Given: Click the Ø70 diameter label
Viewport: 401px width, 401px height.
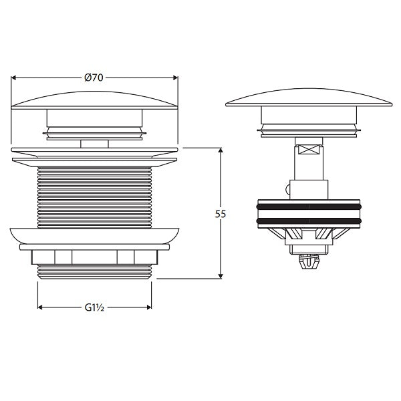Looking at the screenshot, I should [x=94, y=78].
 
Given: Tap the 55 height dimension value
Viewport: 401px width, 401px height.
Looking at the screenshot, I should [x=221, y=214].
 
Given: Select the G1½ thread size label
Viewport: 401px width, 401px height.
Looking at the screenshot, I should [x=93, y=308].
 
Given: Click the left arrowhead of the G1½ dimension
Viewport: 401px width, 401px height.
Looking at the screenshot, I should [x=41, y=308].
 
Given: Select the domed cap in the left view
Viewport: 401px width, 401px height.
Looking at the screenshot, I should [x=95, y=98].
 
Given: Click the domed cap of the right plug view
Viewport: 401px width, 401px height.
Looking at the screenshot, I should [x=309, y=98].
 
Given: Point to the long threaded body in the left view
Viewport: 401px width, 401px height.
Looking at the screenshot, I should [x=95, y=194].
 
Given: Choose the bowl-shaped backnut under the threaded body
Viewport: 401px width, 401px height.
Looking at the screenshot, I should [x=95, y=237].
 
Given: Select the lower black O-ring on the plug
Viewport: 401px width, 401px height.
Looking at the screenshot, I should [x=309, y=220].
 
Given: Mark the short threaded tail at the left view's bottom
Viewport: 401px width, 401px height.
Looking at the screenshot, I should [x=95, y=270].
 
